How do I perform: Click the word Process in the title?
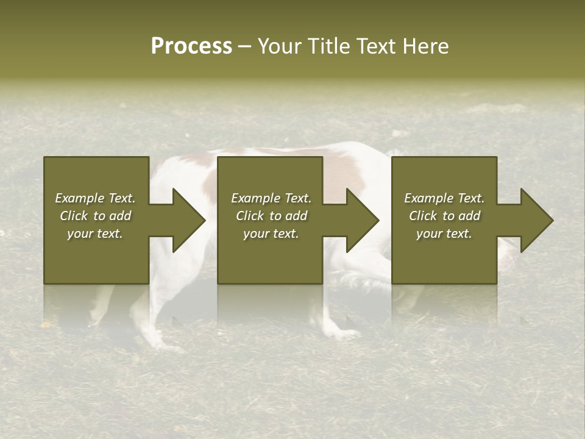[191, 46]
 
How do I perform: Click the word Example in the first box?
[79, 198]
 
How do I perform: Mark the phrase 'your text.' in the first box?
[94, 234]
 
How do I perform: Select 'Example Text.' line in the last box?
[444, 198]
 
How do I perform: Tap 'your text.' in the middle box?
[271, 234]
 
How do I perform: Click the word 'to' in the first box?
[99, 216]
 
